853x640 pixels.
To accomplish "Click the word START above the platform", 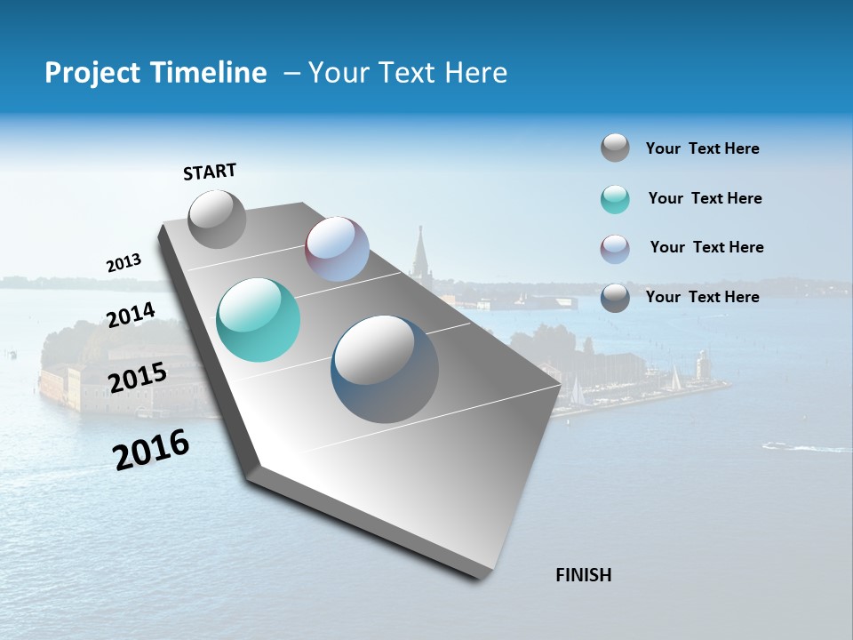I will pos(210,172).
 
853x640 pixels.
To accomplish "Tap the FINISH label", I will pos(584,575).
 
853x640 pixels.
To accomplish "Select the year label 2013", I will pos(124,263).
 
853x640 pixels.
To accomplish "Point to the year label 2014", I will pos(131,315).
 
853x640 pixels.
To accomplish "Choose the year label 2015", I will pos(137,378).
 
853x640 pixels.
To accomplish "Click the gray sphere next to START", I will pos(217,219).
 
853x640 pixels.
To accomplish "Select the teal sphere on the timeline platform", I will pos(258,320).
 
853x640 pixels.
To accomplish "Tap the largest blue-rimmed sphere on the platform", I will pos(385,369).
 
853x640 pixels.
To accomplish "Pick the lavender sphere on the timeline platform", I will pos(337,249).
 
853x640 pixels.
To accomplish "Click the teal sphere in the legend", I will pos(615,199).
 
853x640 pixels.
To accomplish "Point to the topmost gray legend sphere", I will pos(615,148).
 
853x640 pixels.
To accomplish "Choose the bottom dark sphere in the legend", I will pos(615,298).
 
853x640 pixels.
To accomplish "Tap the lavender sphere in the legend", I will pos(615,248).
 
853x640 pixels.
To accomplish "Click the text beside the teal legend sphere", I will pos(705,198).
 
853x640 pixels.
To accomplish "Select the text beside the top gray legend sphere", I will pos(702,148).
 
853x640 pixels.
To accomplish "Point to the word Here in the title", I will pos(475,73).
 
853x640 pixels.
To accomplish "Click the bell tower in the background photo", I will pos(419,253).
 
